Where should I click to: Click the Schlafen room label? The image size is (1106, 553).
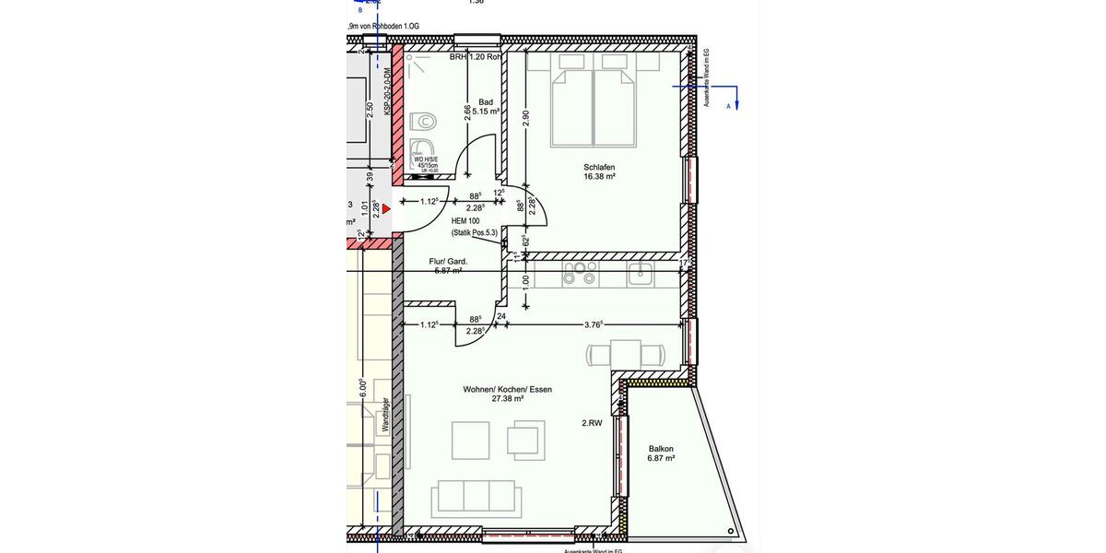pyautogui.click(x=599, y=167)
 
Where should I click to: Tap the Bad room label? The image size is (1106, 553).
pyautogui.click(x=486, y=101)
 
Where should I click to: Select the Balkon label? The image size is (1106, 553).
pyautogui.click(x=661, y=449)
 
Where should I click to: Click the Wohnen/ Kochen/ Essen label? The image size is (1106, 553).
pyautogui.click(x=507, y=389)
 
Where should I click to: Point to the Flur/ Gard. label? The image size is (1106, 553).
pyautogui.click(x=448, y=261)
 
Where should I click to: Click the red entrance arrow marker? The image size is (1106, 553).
pyautogui.click(x=387, y=209)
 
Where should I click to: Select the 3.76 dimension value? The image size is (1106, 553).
pyautogui.click(x=594, y=324)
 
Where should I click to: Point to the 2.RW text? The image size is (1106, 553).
pyautogui.click(x=592, y=424)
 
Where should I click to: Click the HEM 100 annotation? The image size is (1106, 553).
pyautogui.click(x=465, y=221)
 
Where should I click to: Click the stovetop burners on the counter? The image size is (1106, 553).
pyautogui.click(x=581, y=273)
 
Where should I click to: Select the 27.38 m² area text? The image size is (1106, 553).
pyautogui.click(x=507, y=399)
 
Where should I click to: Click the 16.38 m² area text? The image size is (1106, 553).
pyautogui.click(x=599, y=176)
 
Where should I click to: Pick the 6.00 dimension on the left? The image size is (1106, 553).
pyautogui.click(x=362, y=388)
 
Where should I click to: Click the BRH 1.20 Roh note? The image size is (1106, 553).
pyautogui.click(x=476, y=57)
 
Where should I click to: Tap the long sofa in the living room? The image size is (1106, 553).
pyautogui.click(x=477, y=498)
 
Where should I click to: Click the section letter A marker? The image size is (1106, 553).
pyautogui.click(x=729, y=106)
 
